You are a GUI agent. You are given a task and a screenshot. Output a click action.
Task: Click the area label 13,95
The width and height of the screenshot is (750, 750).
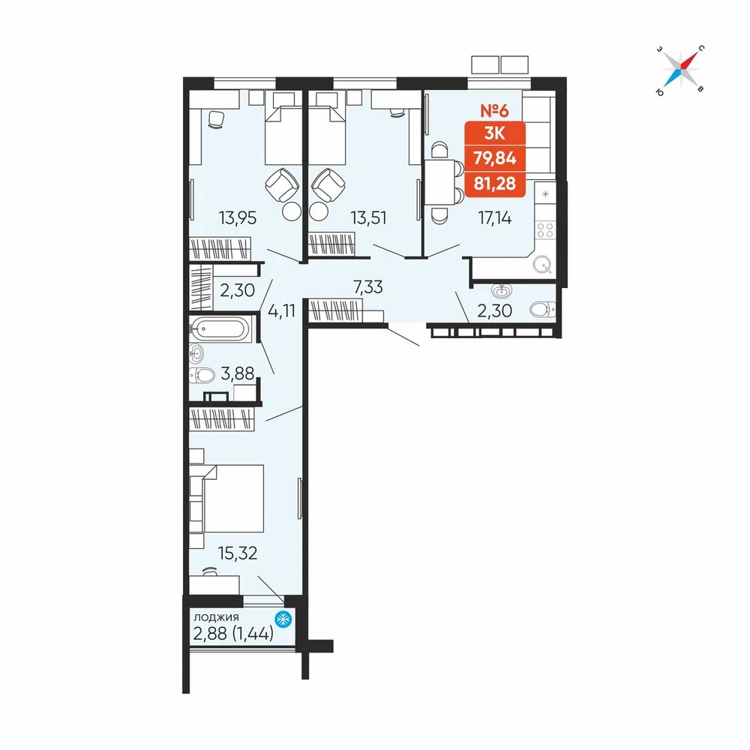pyautogui.click(x=237, y=218)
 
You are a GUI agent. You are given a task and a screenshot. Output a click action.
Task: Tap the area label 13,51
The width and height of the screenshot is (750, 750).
pyautogui.click(x=368, y=218)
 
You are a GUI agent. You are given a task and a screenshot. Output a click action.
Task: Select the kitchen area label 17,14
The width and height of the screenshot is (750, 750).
pyautogui.click(x=494, y=218)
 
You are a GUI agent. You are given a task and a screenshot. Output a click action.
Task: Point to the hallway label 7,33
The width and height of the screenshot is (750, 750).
pyautogui.click(x=367, y=287)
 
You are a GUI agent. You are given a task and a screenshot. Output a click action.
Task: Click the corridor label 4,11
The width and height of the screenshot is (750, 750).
pyautogui.click(x=282, y=311)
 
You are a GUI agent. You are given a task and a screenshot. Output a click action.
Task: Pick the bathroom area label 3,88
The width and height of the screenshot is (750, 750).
pyautogui.click(x=237, y=373)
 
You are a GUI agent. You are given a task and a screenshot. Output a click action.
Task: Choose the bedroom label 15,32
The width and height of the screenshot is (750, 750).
pyautogui.click(x=237, y=553)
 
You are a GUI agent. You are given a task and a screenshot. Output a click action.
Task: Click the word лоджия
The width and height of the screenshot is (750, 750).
pyautogui.click(x=216, y=617)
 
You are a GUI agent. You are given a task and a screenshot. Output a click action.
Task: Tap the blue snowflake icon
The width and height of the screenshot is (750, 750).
pyautogui.click(x=283, y=619)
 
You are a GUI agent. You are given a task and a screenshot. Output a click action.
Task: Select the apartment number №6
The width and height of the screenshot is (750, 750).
pyautogui.click(x=494, y=110)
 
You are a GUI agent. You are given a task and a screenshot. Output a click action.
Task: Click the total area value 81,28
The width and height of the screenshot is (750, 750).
pyautogui.click(x=495, y=183)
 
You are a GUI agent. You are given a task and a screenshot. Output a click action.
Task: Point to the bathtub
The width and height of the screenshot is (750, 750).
pyautogui.click(x=220, y=328)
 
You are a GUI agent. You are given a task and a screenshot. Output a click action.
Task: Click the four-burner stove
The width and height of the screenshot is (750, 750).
pyautogui.click(x=545, y=230)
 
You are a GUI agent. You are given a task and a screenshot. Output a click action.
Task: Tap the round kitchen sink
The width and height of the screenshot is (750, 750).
pyautogui.click(x=542, y=264)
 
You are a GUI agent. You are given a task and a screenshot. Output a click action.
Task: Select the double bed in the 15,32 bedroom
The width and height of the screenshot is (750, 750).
pyautogui.click(x=233, y=499)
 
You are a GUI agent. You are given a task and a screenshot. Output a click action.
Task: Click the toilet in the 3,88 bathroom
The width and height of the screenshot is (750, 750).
pyautogui.click(x=201, y=376)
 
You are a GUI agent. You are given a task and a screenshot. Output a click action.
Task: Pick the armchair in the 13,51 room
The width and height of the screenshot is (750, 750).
pyautogui.click(x=328, y=185)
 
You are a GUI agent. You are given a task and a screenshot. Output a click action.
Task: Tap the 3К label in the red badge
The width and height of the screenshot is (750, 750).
pyautogui.click(x=494, y=133)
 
